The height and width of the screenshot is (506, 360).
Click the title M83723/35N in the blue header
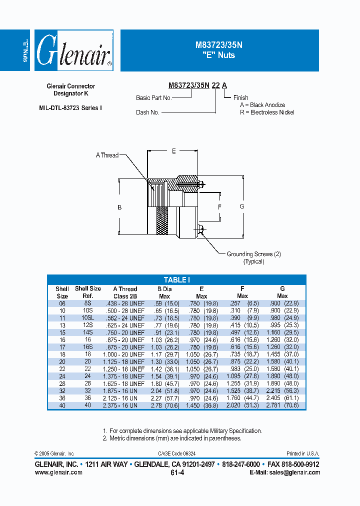218,44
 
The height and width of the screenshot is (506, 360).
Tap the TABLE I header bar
176,280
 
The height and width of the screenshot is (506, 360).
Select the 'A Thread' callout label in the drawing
107,155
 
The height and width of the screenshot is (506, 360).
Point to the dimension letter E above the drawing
173,151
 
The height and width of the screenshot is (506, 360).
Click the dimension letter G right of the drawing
242,206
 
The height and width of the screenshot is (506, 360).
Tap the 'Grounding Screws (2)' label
253,254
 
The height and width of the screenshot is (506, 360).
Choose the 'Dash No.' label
147,112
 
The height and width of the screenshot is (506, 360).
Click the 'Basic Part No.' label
153,98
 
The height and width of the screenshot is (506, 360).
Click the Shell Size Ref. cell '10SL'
87,318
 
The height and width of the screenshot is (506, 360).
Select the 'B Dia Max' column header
164,292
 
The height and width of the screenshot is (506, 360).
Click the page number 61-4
177,472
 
